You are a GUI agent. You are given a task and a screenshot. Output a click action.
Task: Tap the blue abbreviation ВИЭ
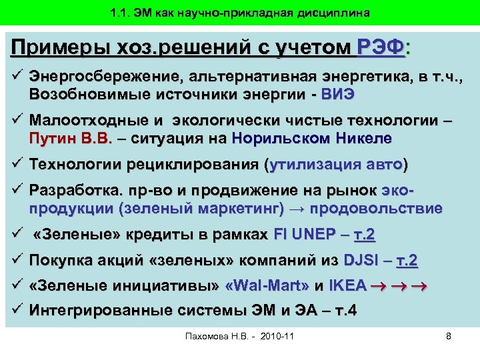point(339,94)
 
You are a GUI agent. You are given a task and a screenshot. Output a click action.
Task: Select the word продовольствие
point(377,208)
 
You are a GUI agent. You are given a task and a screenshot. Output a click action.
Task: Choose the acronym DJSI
point(359,260)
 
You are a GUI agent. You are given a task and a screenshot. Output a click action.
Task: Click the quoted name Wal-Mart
point(275,286)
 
